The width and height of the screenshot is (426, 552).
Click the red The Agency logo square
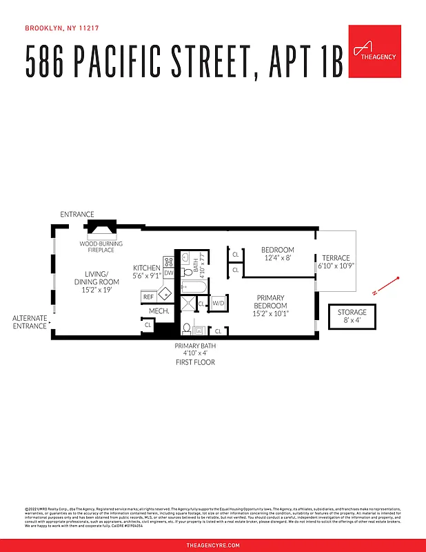(x=374, y=50)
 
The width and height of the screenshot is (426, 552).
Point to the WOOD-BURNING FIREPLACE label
(x=101, y=247)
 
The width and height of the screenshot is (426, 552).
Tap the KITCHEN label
(x=147, y=271)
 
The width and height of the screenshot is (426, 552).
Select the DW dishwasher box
(x=169, y=273)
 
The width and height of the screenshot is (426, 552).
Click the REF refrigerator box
(x=148, y=297)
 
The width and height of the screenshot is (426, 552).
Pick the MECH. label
(x=159, y=311)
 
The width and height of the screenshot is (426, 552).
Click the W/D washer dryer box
(x=219, y=303)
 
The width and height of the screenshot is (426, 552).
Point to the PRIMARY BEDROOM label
(x=270, y=306)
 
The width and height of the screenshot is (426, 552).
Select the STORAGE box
(x=352, y=317)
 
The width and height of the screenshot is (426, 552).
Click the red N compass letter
(x=374, y=293)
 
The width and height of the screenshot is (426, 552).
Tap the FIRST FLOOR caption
(x=194, y=362)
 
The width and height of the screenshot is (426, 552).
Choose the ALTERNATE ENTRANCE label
(x=30, y=322)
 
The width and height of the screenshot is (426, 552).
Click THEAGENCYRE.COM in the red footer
(x=213, y=545)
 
